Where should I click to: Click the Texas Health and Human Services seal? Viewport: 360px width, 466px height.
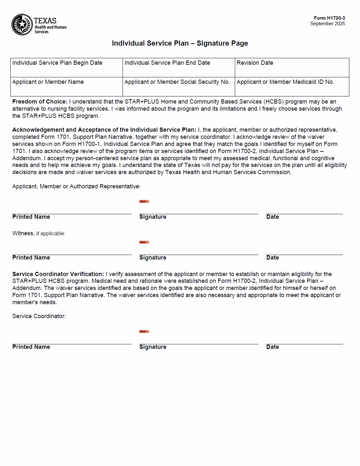(x=22, y=25)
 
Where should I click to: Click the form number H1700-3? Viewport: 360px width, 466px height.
(x=329, y=18)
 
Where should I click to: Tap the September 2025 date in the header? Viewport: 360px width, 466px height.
(x=327, y=24)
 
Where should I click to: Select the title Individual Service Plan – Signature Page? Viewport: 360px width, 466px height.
(x=180, y=43)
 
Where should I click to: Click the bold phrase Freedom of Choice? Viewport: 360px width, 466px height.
(x=40, y=102)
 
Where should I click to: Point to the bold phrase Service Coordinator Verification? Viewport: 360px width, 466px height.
(x=58, y=274)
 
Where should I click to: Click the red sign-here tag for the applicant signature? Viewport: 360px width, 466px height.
(x=144, y=202)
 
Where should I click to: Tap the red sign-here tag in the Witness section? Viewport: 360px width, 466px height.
(x=144, y=242)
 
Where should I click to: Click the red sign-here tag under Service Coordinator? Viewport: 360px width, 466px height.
(x=144, y=332)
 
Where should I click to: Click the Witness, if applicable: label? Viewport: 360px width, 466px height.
(x=39, y=233)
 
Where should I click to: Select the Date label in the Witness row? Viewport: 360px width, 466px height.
(x=272, y=258)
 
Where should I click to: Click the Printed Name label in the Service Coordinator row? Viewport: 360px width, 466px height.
(x=31, y=347)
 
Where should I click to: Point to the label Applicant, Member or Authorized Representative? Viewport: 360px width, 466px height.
(x=76, y=186)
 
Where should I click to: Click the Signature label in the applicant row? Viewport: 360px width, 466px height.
(x=153, y=217)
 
